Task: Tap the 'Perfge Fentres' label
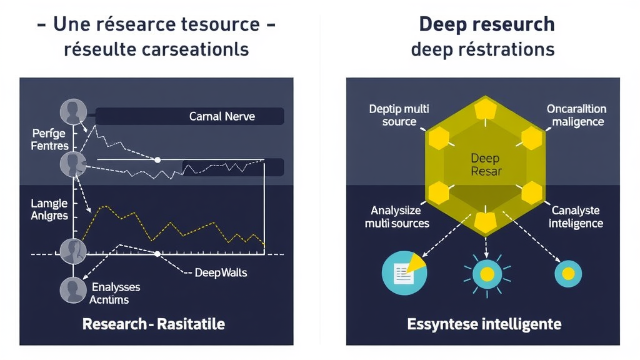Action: pyautogui.click(x=49, y=139)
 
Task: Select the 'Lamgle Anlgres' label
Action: pyautogui.click(x=49, y=209)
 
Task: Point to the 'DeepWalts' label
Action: pyautogui.click(x=220, y=272)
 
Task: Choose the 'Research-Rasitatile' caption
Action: pyautogui.click(x=154, y=324)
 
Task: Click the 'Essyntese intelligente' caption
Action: pyautogui.click(x=484, y=324)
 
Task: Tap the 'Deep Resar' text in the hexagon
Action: pyautogui.click(x=486, y=164)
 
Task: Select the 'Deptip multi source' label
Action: pyautogui.click(x=399, y=115)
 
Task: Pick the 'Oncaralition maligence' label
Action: pyautogui.click(x=576, y=115)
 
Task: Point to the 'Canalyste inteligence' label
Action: pyautogui.click(x=576, y=216)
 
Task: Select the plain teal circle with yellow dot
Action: pyautogui.click(x=568, y=273)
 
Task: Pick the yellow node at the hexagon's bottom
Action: pyautogui.click(x=485, y=221)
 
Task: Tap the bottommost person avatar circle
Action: pyautogui.click(x=72, y=290)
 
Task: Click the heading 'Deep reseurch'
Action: pyautogui.click(x=486, y=24)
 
